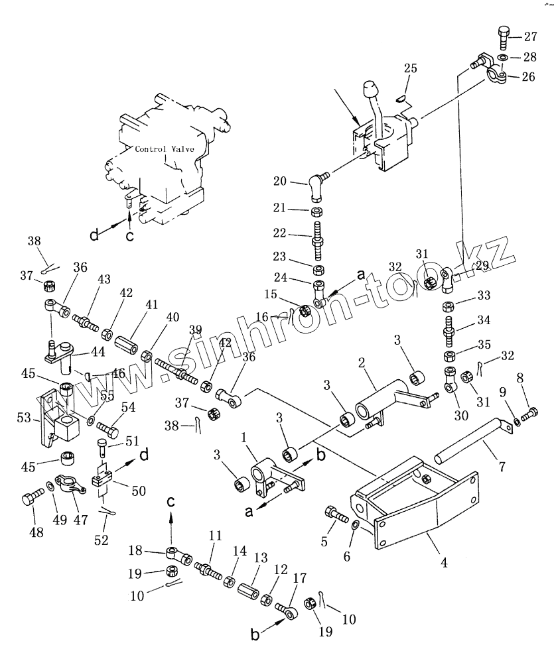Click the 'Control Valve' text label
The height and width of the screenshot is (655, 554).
click(x=165, y=149)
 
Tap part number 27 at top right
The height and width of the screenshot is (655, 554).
click(x=533, y=37)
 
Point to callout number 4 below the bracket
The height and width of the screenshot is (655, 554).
click(x=444, y=564)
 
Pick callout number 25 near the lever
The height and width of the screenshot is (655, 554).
click(x=411, y=69)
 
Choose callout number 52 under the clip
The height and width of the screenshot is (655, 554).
click(x=101, y=540)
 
